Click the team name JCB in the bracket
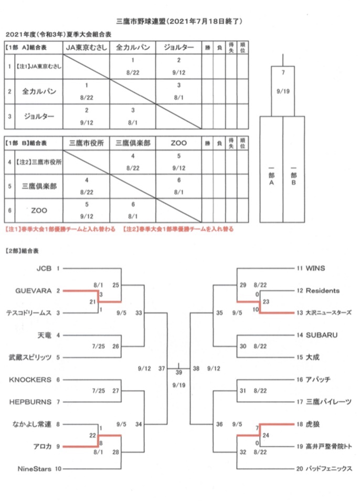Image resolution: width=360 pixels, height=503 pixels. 44,268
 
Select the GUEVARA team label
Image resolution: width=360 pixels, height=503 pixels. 34,291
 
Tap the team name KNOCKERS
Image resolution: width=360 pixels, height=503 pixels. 30,380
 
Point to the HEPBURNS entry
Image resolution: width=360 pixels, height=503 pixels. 30,402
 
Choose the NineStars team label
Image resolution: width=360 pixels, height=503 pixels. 34,469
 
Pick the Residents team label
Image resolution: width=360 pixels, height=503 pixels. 323,291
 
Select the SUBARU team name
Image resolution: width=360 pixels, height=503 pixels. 322,335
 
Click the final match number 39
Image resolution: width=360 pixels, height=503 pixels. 178,372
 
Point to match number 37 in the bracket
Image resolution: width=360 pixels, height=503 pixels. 162,369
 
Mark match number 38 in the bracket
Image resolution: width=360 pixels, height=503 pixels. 196,369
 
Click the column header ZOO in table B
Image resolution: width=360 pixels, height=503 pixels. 178,143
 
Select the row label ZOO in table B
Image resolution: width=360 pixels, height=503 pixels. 39,211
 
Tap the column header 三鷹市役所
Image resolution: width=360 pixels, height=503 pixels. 86,143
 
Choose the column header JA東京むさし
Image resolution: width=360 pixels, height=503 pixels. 86,47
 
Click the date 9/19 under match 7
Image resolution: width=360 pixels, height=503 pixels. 283,91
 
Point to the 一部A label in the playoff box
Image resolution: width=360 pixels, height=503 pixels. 271,175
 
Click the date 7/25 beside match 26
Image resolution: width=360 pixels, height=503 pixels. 99,346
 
